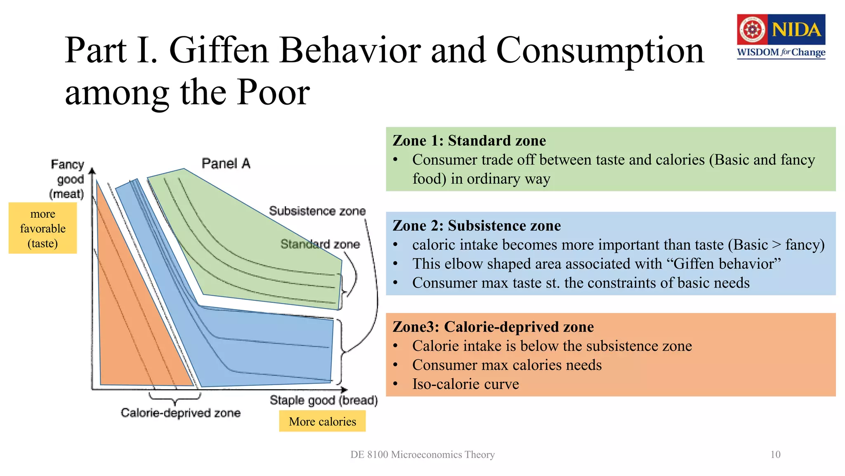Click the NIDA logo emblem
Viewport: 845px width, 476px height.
(x=753, y=29)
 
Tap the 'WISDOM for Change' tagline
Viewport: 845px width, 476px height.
(x=781, y=52)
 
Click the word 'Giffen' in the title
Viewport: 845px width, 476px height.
(x=219, y=50)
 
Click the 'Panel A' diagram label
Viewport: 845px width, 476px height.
(x=226, y=164)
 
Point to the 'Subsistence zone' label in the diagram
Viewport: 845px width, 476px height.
(x=317, y=211)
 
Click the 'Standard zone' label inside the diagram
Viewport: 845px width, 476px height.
(x=320, y=244)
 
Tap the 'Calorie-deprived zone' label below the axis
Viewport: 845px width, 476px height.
(x=180, y=413)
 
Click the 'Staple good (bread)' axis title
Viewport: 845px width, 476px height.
(x=323, y=400)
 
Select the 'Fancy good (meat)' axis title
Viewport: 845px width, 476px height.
(x=68, y=179)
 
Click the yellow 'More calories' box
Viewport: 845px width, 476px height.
(x=322, y=421)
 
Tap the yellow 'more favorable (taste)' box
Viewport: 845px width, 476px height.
(x=43, y=228)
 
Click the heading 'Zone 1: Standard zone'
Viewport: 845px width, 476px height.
(x=469, y=140)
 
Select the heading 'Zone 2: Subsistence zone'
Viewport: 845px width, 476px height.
(x=477, y=226)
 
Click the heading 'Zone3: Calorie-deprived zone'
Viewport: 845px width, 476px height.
(x=493, y=327)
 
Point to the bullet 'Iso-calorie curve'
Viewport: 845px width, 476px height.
(x=465, y=384)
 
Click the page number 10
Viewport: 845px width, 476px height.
(x=775, y=455)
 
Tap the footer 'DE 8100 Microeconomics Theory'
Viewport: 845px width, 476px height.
(x=422, y=455)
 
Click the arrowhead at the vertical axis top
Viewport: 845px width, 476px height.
(x=92, y=170)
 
